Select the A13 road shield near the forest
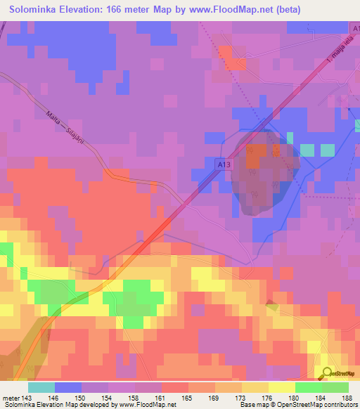(222, 162)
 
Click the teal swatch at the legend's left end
(41, 387)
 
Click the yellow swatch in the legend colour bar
(281, 387)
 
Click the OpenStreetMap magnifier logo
(326, 373)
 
